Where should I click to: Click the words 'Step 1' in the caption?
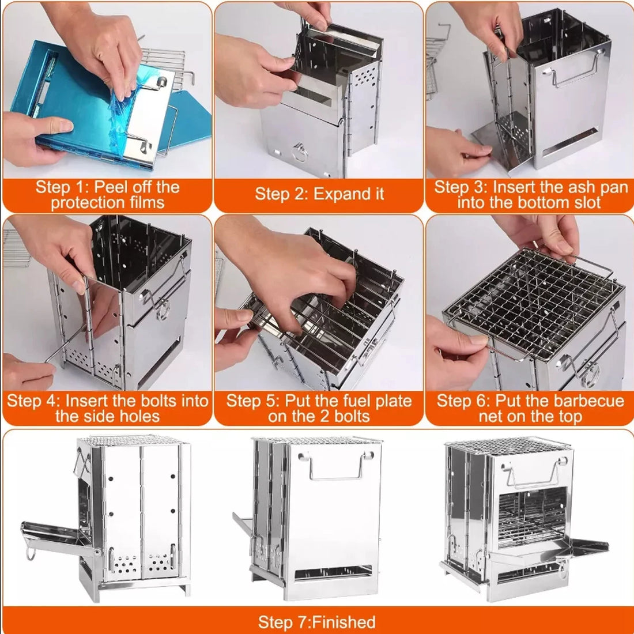[x=59, y=187]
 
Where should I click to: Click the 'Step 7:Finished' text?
[x=316, y=622]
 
